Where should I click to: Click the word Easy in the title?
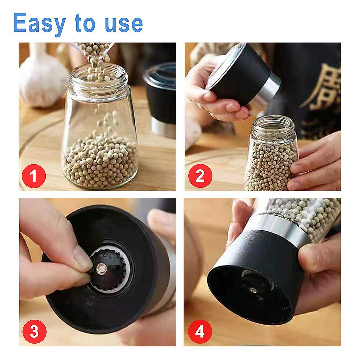39,23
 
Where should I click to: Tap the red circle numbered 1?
34,176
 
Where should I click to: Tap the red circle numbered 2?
200,176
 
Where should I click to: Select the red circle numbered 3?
34,331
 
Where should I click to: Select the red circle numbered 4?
200,331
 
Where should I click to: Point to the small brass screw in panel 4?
252,290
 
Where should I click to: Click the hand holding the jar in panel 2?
315,168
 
